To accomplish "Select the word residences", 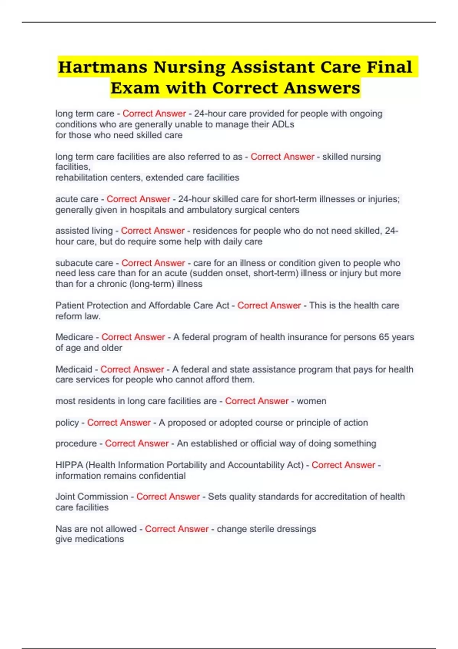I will coord(211,231).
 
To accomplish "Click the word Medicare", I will coord(74,337).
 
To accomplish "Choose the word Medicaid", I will coord(74,370).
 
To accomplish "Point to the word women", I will coord(311,401).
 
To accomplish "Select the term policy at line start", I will coord(67,423).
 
